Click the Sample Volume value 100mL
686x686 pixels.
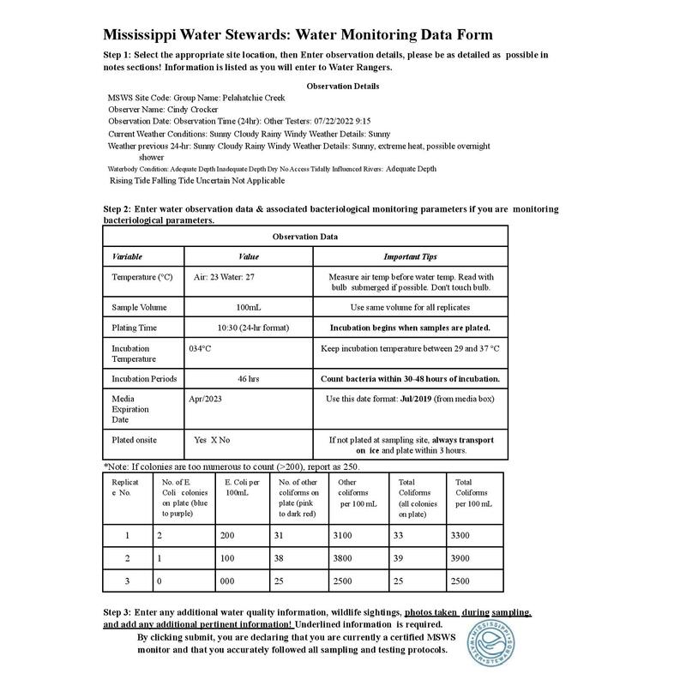coord(249,307)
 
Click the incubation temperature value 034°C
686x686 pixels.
coord(200,349)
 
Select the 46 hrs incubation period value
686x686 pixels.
coord(249,378)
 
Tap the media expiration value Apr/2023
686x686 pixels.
coord(205,399)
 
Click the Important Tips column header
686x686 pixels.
coord(410,256)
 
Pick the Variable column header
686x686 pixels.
coord(128,256)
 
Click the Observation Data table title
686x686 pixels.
coord(305,236)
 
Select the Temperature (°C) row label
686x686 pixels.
coord(141,278)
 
